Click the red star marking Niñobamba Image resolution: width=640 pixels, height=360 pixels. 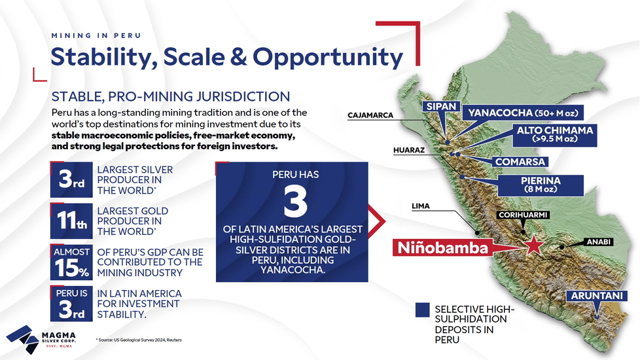point(533,245)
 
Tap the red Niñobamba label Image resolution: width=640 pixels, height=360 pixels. point(443,248)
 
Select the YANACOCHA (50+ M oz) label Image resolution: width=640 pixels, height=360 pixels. point(523,113)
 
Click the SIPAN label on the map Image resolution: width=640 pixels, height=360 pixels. point(441,107)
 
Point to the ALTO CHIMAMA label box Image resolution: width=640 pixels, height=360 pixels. point(555,135)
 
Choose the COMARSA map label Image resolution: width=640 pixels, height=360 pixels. point(520,162)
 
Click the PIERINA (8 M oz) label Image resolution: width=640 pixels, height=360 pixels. point(541,185)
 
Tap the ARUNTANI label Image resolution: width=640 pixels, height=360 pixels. point(597,296)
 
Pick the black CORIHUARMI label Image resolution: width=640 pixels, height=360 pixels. point(523,215)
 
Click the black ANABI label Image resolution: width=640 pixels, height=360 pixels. point(598,242)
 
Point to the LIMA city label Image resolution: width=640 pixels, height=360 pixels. point(420,206)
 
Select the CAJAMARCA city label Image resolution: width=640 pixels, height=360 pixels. point(370,115)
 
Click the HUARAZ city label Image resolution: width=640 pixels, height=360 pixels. point(409,150)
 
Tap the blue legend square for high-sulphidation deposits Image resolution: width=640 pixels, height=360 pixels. point(423,310)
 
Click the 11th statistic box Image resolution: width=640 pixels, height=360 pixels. point(71,221)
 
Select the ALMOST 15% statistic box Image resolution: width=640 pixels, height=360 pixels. point(71,262)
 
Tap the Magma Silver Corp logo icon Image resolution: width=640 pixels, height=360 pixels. point(23,339)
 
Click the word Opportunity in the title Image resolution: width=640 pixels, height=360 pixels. point(328,57)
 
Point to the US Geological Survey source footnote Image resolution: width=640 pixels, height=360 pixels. point(139,340)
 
